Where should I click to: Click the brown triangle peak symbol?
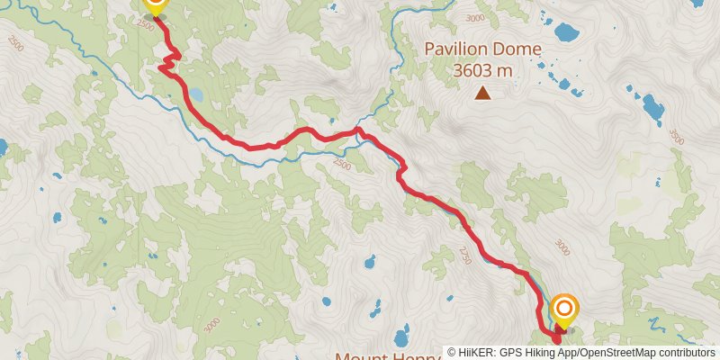pos(483,92)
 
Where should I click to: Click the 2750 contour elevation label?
pos(465,256)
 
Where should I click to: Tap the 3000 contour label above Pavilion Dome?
pos(476,19)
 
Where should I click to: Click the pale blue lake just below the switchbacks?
pos(194,93)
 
